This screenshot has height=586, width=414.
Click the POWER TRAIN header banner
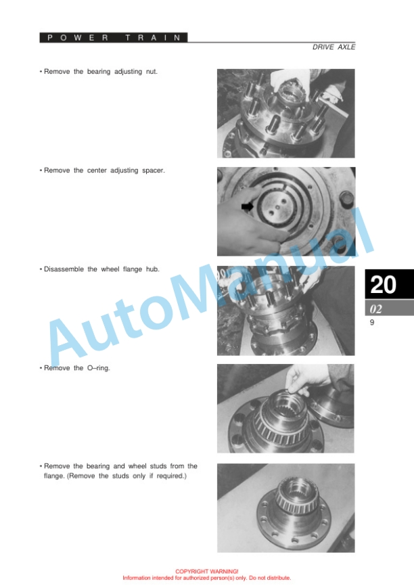pos(114,37)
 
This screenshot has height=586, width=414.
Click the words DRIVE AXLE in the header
pos(333,47)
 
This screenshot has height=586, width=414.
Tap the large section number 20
pos(383,284)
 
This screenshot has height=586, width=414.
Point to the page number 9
pos(372,322)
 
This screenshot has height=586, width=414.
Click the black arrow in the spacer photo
pos(248,206)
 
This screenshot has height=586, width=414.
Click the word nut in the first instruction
pos(152,71)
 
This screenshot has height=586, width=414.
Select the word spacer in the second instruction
pos(153,171)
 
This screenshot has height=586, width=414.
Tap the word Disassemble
pos(64,269)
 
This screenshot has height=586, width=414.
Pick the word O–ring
pos(99,368)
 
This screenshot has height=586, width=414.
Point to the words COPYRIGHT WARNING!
pos(206,571)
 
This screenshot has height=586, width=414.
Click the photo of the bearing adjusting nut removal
pos(286,113)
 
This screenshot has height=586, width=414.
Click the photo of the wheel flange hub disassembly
pos(286,311)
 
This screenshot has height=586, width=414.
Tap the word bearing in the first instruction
pos(99,72)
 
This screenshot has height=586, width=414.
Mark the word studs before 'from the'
pos(158,466)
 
